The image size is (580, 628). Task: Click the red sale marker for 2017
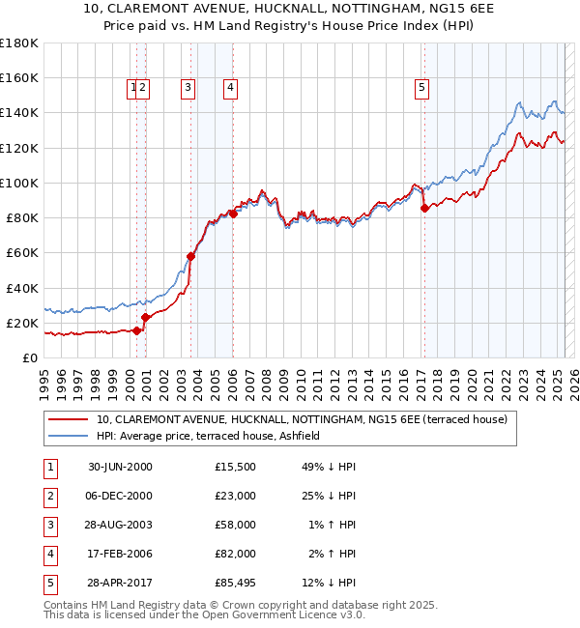pos(424,208)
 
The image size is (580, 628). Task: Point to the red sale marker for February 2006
pos(233,214)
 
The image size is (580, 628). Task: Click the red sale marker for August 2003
pos(190,256)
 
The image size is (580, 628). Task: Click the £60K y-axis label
pos(21,252)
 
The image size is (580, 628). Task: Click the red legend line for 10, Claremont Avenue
pos(68,419)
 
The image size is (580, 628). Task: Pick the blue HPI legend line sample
pos(68,436)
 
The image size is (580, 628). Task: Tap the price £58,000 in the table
pos(235,526)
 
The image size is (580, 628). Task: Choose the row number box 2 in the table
pos(49,497)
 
